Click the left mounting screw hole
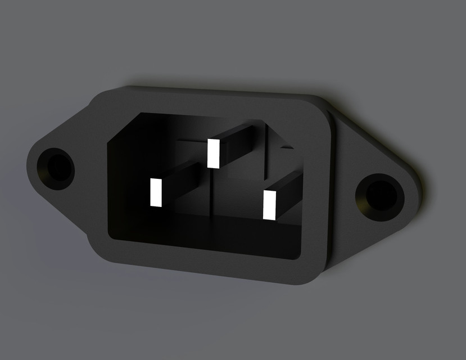click(x=56, y=167)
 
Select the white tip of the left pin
click(x=156, y=192)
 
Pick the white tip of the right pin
click(x=270, y=205)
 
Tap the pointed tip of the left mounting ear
click(x=29, y=163)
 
